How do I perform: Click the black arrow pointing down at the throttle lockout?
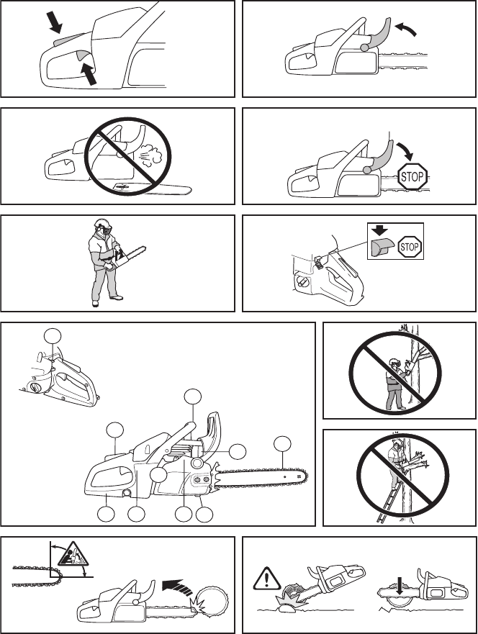[55, 22]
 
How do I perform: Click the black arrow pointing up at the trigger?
[89, 73]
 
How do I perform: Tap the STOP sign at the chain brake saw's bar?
[412, 176]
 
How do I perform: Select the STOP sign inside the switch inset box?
[410, 247]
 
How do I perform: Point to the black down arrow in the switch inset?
[379, 231]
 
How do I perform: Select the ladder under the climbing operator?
[388, 500]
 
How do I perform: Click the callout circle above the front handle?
[192, 397]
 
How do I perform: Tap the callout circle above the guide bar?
[282, 443]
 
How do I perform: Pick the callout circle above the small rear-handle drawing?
[53, 336]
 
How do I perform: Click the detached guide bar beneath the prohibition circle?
[153, 188]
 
